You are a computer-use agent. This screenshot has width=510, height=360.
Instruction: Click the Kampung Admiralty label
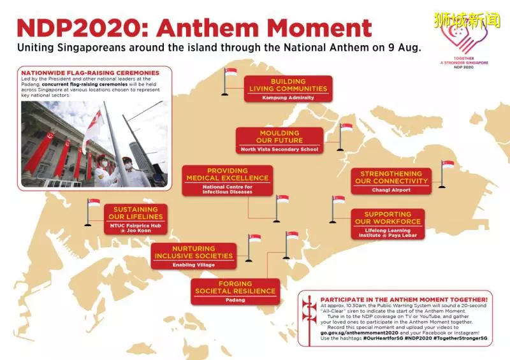[x=288, y=97]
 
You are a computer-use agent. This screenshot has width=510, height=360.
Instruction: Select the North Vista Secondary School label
[x=279, y=149]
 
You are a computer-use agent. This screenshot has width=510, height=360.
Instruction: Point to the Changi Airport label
[x=391, y=190]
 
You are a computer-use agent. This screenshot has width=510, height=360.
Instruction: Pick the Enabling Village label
[x=194, y=264]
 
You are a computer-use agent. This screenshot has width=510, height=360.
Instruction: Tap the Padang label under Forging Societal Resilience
[x=235, y=300]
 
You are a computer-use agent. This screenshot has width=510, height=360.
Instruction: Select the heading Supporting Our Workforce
[x=388, y=218]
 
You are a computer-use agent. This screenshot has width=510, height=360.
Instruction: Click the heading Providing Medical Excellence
[x=228, y=175]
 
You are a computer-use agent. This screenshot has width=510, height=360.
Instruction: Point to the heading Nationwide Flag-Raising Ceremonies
[x=91, y=73]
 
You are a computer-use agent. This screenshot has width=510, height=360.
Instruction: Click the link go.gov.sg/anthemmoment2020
[x=359, y=333]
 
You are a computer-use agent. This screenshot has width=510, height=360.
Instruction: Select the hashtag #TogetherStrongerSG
[x=460, y=338]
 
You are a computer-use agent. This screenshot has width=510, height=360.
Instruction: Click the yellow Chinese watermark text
[x=467, y=20]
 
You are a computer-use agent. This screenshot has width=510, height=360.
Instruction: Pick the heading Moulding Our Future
[x=279, y=136]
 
